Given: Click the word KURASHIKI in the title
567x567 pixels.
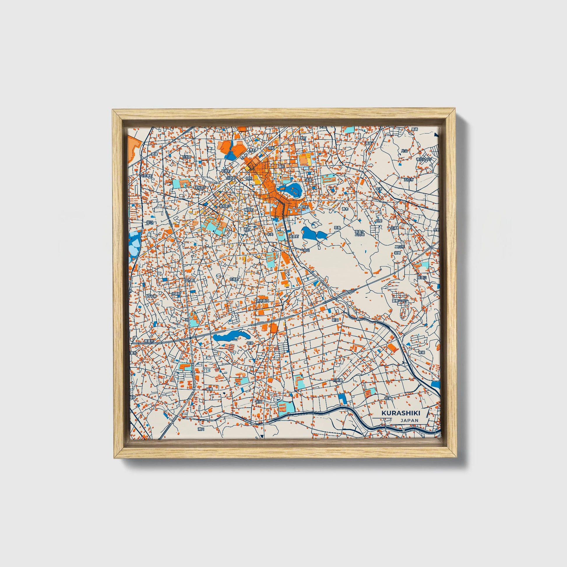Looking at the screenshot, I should pyautogui.click(x=401, y=413).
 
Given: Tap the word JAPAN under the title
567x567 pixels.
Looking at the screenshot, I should pyautogui.click(x=409, y=420).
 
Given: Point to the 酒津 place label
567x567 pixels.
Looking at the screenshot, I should pyautogui.click(x=154, y=154).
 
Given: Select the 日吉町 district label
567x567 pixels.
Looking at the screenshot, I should pyautogui.click(x=186, y=157).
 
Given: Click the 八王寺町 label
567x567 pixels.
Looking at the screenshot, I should pyautogui.click(x=146, y=176).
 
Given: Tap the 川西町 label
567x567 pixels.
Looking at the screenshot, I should pyautogui.click(x=231, y=178).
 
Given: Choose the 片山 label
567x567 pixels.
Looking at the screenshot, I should pyautogui.click(x=404, y=151).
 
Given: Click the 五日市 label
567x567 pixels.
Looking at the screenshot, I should pyautogui.click(x=408, y=179).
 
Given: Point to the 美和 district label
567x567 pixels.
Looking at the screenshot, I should pyautogui.click(x=309, y=179).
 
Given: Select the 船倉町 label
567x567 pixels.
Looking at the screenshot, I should pyautogui.click(x=294, y=236).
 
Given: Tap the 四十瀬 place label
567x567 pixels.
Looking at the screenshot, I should pyautogui.click(x=152, y=296).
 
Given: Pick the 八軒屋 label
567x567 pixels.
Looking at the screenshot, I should pyautogui.click(x=338, y=380).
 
